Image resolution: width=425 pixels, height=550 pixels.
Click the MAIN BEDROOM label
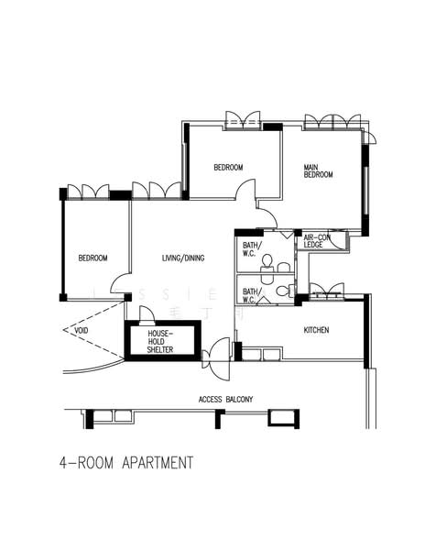tap(318, 170)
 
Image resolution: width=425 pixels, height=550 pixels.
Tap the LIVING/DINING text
tap(183, 258)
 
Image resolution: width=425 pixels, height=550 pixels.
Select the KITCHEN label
tap(316, 330)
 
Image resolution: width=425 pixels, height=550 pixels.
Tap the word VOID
tap(82, 330)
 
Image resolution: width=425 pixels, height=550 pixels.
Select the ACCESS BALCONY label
tap(225, 400)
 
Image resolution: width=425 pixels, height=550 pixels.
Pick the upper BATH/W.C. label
tap(252, 249)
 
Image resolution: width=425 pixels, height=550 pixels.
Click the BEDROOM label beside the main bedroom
tap(228, 167)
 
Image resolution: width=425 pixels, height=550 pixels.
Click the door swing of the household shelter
tap(146, 314)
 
